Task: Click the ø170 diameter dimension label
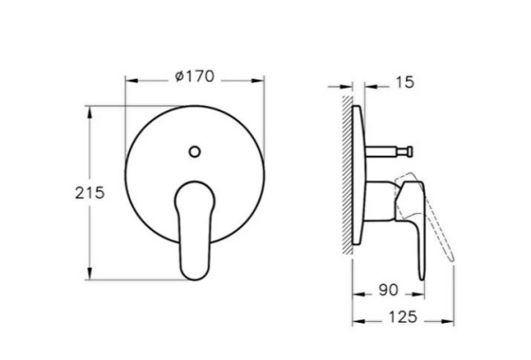point(196,78)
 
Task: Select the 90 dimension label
point(388,289)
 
